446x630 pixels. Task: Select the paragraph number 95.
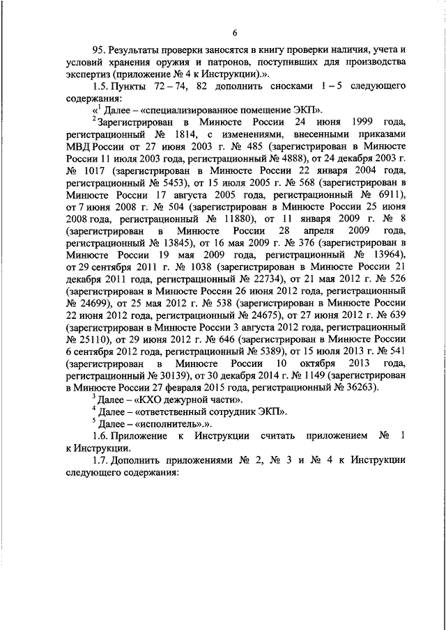(x=98, y=51)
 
